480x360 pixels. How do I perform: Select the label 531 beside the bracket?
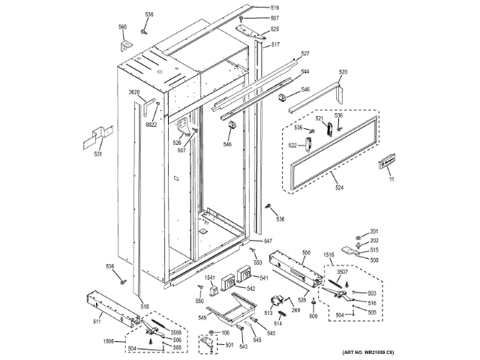coord(97,155)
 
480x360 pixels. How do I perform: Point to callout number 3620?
coord(135,92)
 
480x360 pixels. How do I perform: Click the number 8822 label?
coord(151,124)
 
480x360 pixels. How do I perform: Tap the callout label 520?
coord(343,72)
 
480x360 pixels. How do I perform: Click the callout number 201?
coord(374,231)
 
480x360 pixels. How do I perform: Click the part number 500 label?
coord(305,252)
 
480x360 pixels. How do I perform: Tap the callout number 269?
coord(295,309)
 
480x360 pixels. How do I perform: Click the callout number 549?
coord(202,318)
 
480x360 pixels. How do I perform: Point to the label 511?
coord(97,322)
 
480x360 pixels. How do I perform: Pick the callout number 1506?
coord(109,341)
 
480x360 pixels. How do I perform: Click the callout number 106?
coord(225,332)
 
